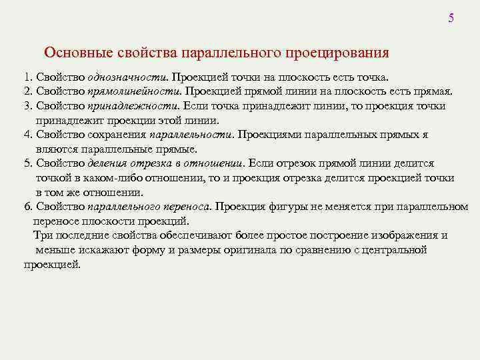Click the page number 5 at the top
pyautogui.click(x=451, y=18)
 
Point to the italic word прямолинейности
pyautogui.click(x=133, y=91)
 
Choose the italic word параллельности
pyautogui.click(x=191, y=135)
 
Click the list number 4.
pyautogui.click(x=26, y=135)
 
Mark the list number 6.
pyautogui.click(x=26, y=207)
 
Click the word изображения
pyautogui.click(x=405, y=235)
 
